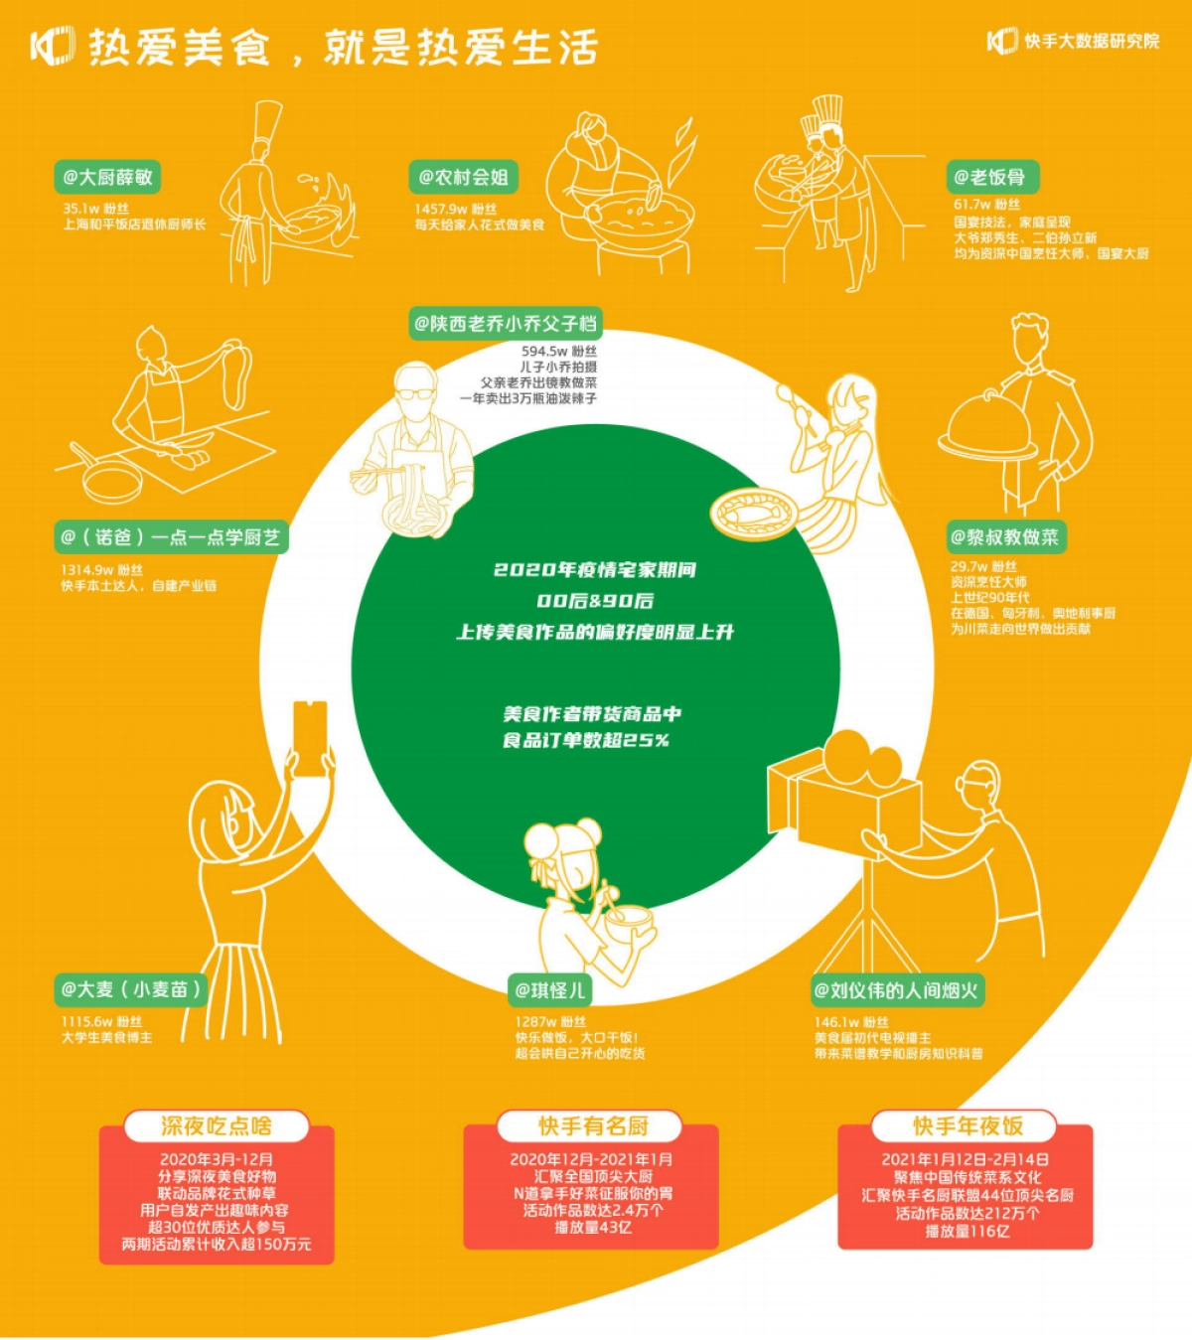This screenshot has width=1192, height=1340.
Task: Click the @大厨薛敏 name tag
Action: (107, 178)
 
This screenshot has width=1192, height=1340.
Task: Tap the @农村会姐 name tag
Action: (463, 178)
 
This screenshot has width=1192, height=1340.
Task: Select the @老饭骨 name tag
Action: (990, 178)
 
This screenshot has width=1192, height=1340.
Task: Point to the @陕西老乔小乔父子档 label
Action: (506, 324)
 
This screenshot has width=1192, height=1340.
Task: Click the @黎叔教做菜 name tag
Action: (1005, 537)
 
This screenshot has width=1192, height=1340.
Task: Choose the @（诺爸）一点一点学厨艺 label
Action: (171, 537)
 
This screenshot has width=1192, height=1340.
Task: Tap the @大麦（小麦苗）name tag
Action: (131, 989)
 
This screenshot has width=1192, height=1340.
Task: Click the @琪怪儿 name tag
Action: (550, 989)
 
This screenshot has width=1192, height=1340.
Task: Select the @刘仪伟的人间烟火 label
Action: (896, 990)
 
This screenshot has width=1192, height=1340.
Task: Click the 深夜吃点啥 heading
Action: (217, 1126)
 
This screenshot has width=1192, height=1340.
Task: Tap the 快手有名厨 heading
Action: (593, 1126)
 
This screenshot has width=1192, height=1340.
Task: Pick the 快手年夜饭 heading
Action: (968, 1126)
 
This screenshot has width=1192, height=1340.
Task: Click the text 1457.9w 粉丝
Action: (456, 210)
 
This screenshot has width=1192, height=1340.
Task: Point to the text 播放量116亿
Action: (967, 1232)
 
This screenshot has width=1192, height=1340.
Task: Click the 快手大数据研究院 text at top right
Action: (1092, 41)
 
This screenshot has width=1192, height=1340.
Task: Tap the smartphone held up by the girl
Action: (310, 737)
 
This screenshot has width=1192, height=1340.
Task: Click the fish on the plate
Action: (753, 514)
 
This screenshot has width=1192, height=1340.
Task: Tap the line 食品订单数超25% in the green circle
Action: (586, 740)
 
